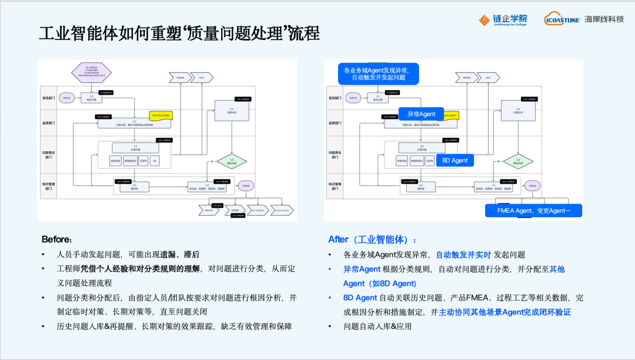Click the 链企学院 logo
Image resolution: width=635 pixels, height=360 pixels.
click(503, 20)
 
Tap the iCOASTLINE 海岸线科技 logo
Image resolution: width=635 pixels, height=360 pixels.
click(583, 19)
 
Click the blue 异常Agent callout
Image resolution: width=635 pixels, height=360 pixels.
click(421, 114)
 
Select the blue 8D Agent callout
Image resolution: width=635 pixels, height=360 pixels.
click(455, 160)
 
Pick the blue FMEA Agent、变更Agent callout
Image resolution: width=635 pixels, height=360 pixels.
click(533, 211)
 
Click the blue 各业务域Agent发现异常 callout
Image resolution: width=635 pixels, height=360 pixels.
click(378, 74)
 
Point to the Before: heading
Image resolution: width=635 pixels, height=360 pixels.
click(57, 239)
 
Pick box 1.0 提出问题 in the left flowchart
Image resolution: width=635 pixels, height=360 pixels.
click(91, 98)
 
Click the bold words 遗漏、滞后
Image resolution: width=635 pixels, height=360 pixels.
click(180, 255)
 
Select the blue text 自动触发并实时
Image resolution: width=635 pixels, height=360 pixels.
click(463, 255)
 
